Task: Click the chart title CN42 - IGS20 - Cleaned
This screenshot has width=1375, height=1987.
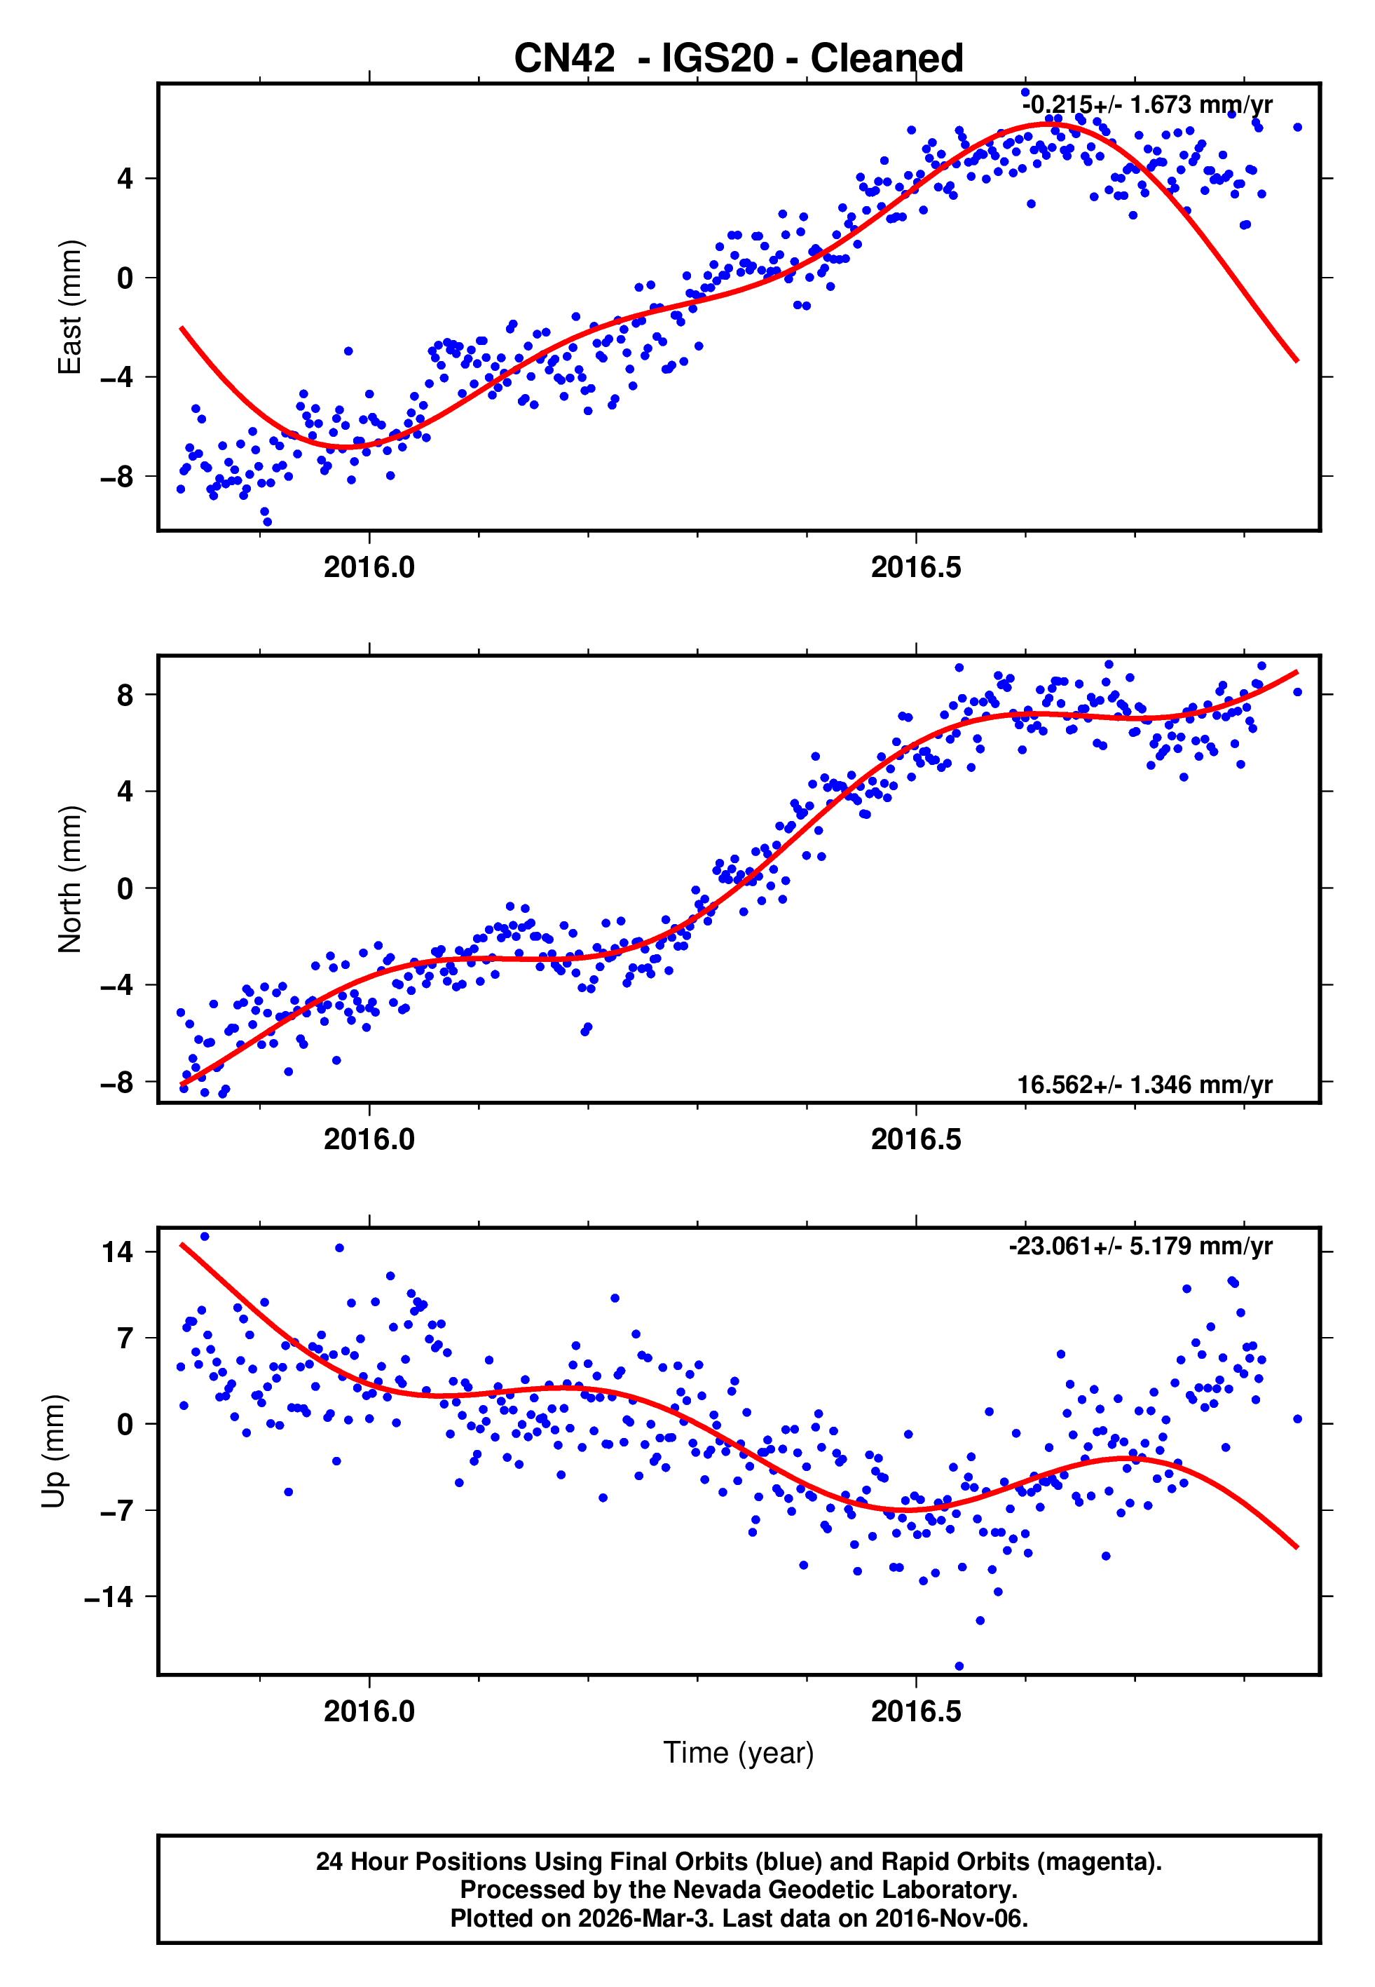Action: pyautogui.click(x=739, y=59)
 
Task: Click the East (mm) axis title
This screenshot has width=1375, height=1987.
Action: pyautogui.click(x=69, y=307)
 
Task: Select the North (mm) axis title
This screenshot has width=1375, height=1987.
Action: pyautogui.click(x=69, y=879)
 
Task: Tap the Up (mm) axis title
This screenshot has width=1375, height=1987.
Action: pyautogui.click(x=53, y=1451)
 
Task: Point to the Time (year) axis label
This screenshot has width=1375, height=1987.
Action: pyautogui.click(x=739, y=1753)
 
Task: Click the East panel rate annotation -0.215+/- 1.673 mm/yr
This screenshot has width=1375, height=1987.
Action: pyautogui.click(x=1147, y=105)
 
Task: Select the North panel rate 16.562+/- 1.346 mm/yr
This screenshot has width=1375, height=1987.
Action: pyautogui.click(x=1144, y=1085)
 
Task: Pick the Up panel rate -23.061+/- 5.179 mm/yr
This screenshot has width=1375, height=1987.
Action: pyautogui.click(x=1141, y=1247)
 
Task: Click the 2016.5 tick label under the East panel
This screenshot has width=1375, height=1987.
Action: pyautogui.click(x=916, y=568)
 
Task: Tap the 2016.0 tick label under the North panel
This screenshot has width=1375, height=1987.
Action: pyautogui.click(x=369, y=1140)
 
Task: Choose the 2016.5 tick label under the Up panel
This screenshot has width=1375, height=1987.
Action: pyautogui.click(x=916, y=1711)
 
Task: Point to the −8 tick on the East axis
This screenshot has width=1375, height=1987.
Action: pyautogui.click(x=117, y=477)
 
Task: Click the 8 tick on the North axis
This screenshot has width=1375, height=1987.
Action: pyautogui.click(x=125, y=695)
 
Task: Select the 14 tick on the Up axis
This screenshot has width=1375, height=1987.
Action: pyautogui.click(x=118, y=1252)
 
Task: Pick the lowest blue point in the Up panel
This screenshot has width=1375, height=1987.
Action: pyautogui.click(x=959, y=1667)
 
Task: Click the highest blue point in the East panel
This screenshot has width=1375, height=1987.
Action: pyautogui.click(x=1025, y=92)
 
